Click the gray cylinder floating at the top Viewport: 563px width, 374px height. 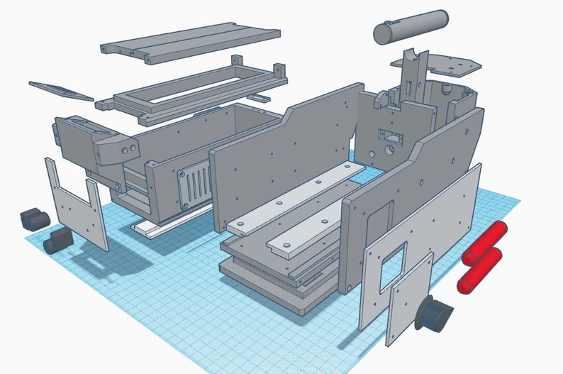click(411, 26)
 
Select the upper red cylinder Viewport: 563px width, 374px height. click(486, 241)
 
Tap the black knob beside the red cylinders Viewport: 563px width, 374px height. click(433, 312)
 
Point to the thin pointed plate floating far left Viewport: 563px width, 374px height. click(60, 91)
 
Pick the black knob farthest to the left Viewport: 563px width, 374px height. click(32, 219)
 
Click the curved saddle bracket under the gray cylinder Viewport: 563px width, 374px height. click(414, 67)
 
